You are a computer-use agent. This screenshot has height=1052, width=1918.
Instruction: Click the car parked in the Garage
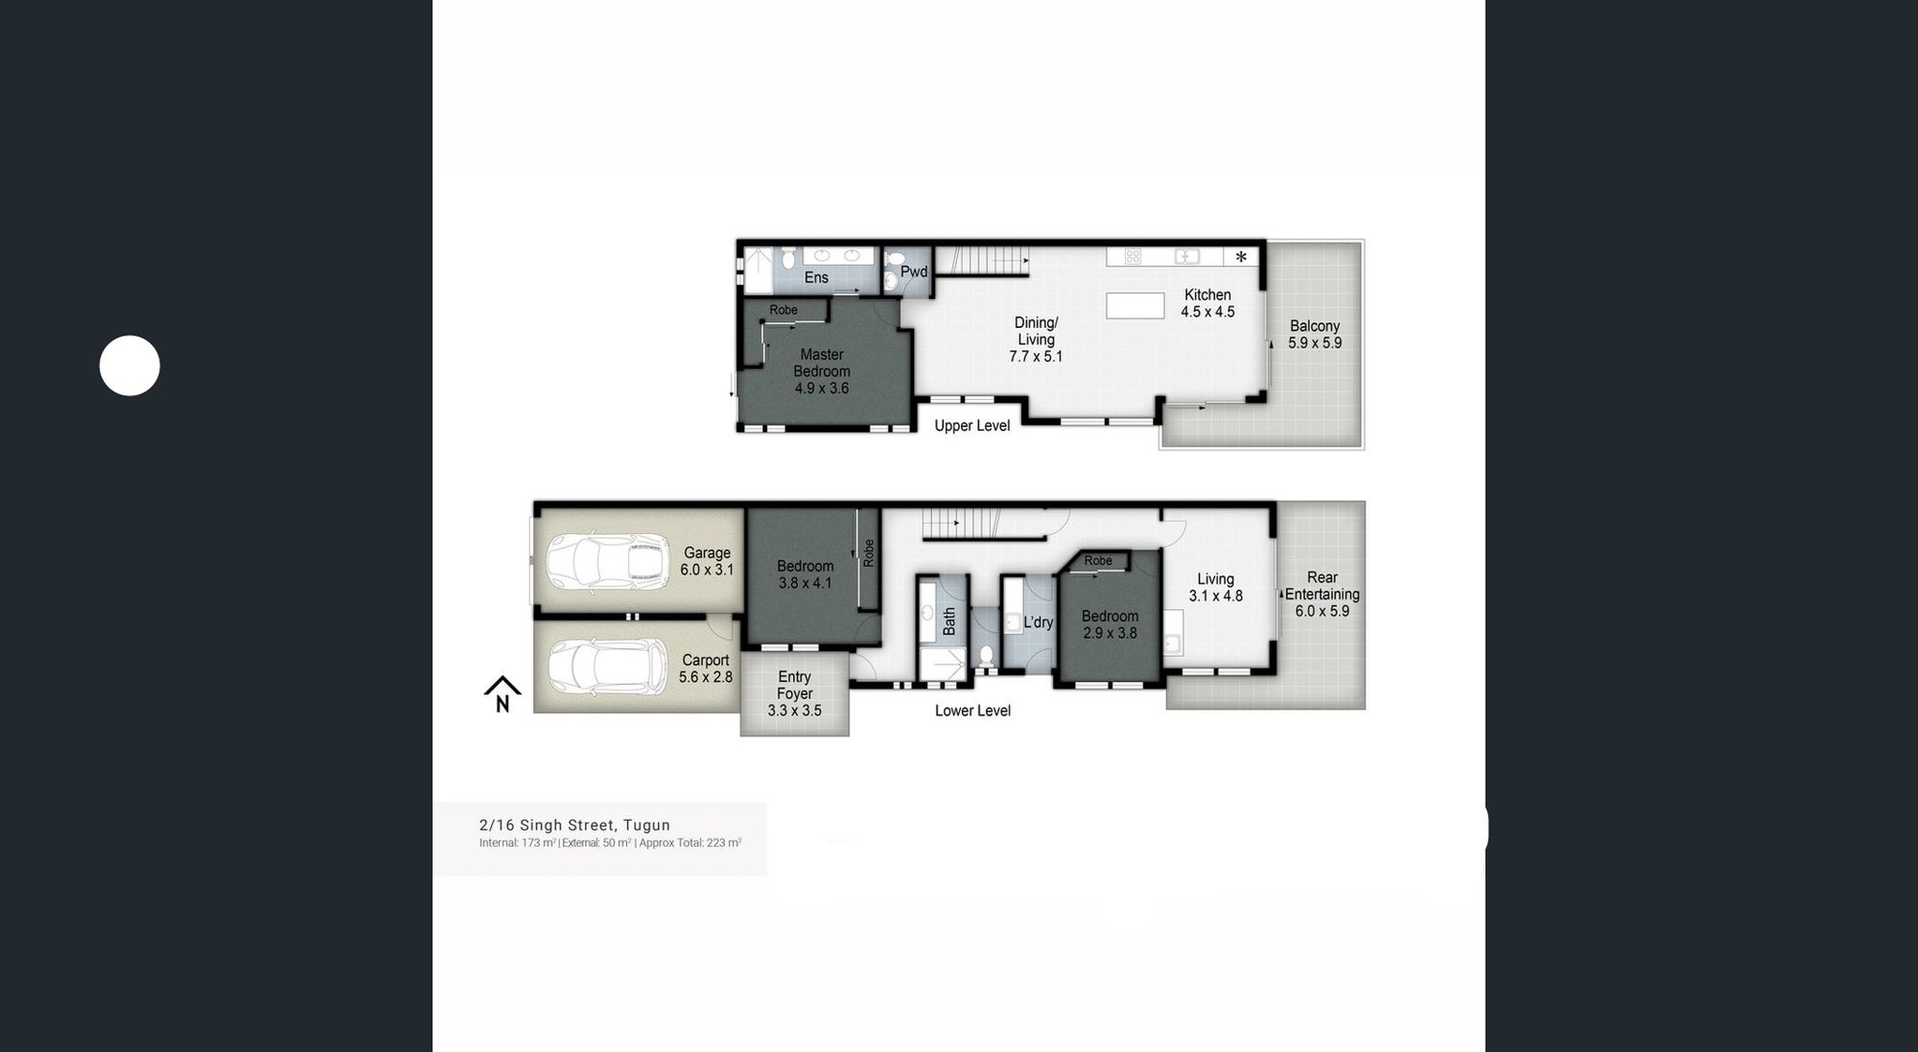pyautogui.click(x=608, y=562)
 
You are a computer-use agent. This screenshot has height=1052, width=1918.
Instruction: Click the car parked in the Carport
pyautogui.click(x=608, y=667)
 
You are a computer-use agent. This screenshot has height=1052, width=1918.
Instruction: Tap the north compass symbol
pyautogui.click(x=503, y=693)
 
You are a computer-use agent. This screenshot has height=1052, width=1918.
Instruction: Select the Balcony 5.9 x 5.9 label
pyautogui.click(x=1315, y=335)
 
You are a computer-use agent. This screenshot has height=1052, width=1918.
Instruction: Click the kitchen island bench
pyautogui.click(x=1135, y=306)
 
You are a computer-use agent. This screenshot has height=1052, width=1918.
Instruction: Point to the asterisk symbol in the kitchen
pyautogui.click(x=1241, y=257)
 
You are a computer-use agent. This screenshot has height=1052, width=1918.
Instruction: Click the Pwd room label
pyautogui.click(x=914, y=271)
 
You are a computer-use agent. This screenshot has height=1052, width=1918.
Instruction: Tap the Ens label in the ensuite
pyautogui.click(x=816, y=277)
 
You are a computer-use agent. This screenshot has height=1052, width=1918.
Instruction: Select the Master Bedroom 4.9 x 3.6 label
pyautogui.click(x=822, y=371)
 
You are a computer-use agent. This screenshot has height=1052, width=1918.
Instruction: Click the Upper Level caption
pyautogui.click(x=972, y=426)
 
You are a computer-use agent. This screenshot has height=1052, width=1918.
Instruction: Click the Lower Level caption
pyautogui.click(x=972, y=711)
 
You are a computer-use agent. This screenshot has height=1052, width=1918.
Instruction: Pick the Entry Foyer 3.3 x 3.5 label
pyautogui.click(x=794, y=693)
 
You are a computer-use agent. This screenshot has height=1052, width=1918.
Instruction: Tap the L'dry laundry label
pyautogui.click(x=1039, y=622)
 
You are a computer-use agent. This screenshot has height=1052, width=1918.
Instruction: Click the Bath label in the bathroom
pyautogui.click(x=949, y=621)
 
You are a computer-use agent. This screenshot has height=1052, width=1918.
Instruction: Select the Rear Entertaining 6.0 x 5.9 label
pyautogui.click(x=1322, y=594)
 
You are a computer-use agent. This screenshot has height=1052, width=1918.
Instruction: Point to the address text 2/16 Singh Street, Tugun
pyautogui.click(x=574, y=825)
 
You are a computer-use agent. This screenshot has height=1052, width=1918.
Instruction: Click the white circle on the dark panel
pyautogui.click(x=129, y=365)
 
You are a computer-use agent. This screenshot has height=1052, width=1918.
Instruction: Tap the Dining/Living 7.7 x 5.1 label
pyautogui.click(x=1036, y=339)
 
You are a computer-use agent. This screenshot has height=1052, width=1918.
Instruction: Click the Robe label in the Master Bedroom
pyautogui.click(x=784, y=310)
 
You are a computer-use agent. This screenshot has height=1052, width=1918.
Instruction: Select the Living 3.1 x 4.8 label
pyautogui.click(x=1216, y=587)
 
